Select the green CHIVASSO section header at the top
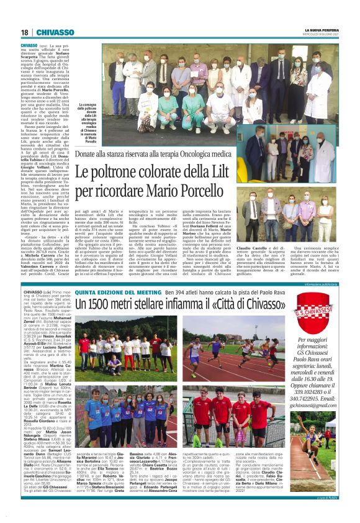pos(56,32)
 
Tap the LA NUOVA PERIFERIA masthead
pos(322,30)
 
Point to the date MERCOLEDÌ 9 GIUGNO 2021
pos(322,34)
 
